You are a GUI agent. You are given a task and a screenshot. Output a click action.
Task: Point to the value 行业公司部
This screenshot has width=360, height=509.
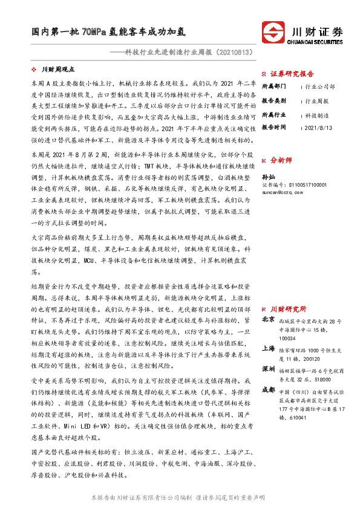(321, 86)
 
